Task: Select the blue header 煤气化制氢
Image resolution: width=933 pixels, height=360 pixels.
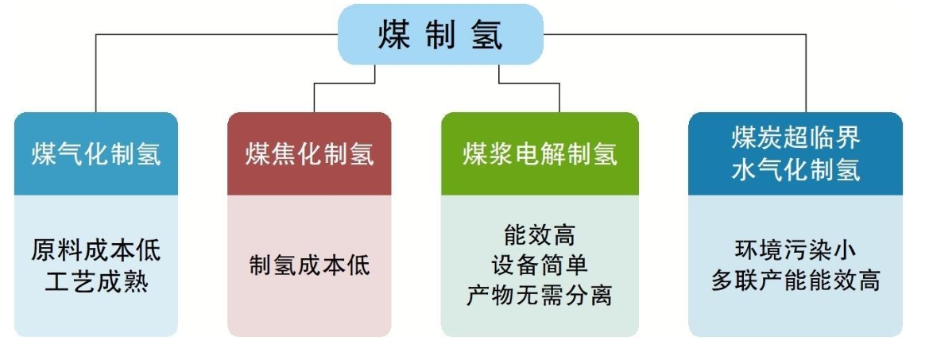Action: click(x=96, y=154)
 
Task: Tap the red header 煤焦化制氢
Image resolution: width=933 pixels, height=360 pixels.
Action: click(x=309, y=154)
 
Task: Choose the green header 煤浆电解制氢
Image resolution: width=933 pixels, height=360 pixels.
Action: click(x=540, y=154)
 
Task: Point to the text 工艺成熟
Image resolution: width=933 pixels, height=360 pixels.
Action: click(x=96, y=281)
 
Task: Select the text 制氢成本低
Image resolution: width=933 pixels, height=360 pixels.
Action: click(x=309, y=265)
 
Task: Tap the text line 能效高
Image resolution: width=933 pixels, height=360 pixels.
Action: click(x=540, y=235)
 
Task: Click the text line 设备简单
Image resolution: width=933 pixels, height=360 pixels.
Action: click(x=540, y=265)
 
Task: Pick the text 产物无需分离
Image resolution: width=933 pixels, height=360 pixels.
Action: click(x=540, y=295)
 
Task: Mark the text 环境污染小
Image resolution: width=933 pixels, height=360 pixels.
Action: click(x=796, y=250)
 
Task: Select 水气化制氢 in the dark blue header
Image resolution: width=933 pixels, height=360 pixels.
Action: click(x=796, y=170)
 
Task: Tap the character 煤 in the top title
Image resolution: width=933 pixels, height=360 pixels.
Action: click(x=395, y=35)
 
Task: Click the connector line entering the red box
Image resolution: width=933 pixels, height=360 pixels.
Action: click(x=315, y=97)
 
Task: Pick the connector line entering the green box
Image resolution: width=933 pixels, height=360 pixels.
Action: click(x=559, y=97)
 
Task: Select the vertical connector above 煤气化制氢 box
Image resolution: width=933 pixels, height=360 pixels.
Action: click(x=96, y=75)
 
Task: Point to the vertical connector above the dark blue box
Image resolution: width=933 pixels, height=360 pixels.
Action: click(x=807, y=75)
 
